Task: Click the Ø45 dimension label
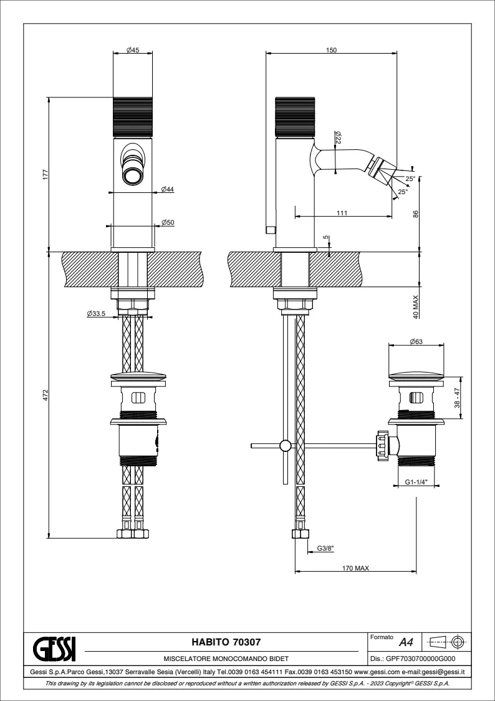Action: [133, 50]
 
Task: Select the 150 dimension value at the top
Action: [332, 50]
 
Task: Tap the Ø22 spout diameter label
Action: [338, 137]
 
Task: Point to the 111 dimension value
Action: [342, 213]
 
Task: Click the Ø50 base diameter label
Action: [168, 222]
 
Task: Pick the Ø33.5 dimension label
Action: [96, 313]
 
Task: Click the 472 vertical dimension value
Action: [45, 395]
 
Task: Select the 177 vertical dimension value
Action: [45, 174]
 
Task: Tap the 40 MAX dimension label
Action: [416, 306]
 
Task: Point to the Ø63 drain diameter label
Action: [416, 342]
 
